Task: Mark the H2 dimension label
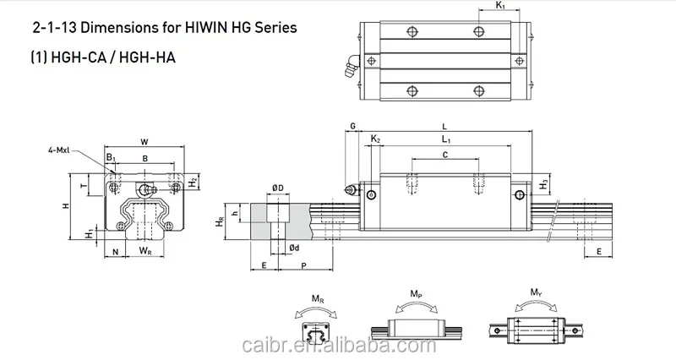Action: (x=194, y=182)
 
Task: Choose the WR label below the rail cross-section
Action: (x=145, y=251)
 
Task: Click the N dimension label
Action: (x=115, y=251)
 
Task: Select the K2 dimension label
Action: (x=376, y=138)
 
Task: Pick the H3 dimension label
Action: (x=545, y=183)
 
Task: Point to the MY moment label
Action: (x=536, y=294)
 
